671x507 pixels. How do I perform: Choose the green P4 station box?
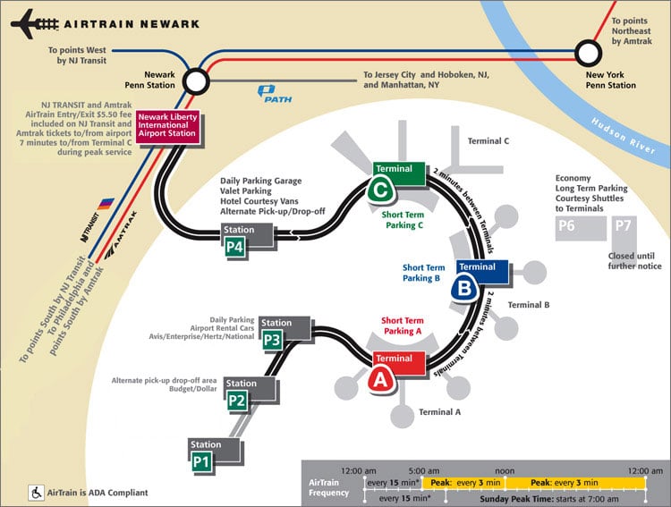click(x=235, y=248)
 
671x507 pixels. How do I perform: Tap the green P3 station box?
click(x=273, y=340)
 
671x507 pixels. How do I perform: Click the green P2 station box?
click(x=236, y=401)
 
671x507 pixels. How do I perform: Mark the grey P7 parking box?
click(x=624, y=227)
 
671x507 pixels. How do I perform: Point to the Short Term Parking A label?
click(x=402, y=325)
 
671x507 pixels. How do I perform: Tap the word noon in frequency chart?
click(x=505, y=469)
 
